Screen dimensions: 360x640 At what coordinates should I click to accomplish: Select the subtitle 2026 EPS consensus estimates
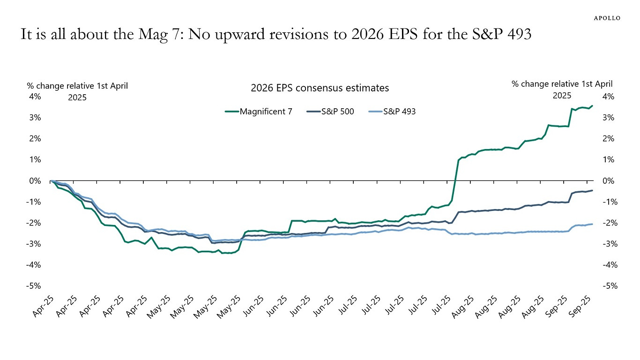pyautogui.click(x=320, y=88)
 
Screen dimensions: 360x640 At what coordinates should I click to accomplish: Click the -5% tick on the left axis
pyautogui.click(x=35, y=286)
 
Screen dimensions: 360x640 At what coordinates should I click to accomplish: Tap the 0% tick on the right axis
pyautogui.click(x=606, y=181)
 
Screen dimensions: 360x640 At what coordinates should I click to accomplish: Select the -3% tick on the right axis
pyautogui.click(x=605, y=244)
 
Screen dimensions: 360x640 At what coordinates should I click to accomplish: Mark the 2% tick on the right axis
pyautogui.click(x=606, y=139)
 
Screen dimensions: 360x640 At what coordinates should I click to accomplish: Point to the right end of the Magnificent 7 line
pyautogui.click(x=592, y=106)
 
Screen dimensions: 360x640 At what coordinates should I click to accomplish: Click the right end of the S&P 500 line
pyautogui.click(x=592, y=190)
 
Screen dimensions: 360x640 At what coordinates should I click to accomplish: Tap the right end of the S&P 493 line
pyautogui.click(x=592, y=224)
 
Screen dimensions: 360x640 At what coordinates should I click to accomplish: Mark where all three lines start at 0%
pyautogui.click(x=51, y=180)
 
